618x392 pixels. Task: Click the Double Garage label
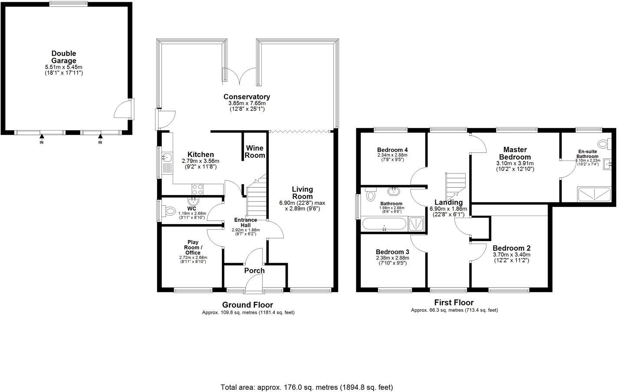63,57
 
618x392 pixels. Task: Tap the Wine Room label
255,152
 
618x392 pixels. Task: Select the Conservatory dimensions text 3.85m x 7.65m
247,103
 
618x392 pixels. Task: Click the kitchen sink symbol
166,158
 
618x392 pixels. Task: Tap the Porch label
254,271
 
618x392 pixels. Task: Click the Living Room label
302,193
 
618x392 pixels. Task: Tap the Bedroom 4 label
392,150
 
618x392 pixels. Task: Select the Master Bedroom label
515,154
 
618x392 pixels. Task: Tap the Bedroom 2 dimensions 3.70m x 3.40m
511,255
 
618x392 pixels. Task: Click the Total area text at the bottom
307,387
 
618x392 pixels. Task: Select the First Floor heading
454,303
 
